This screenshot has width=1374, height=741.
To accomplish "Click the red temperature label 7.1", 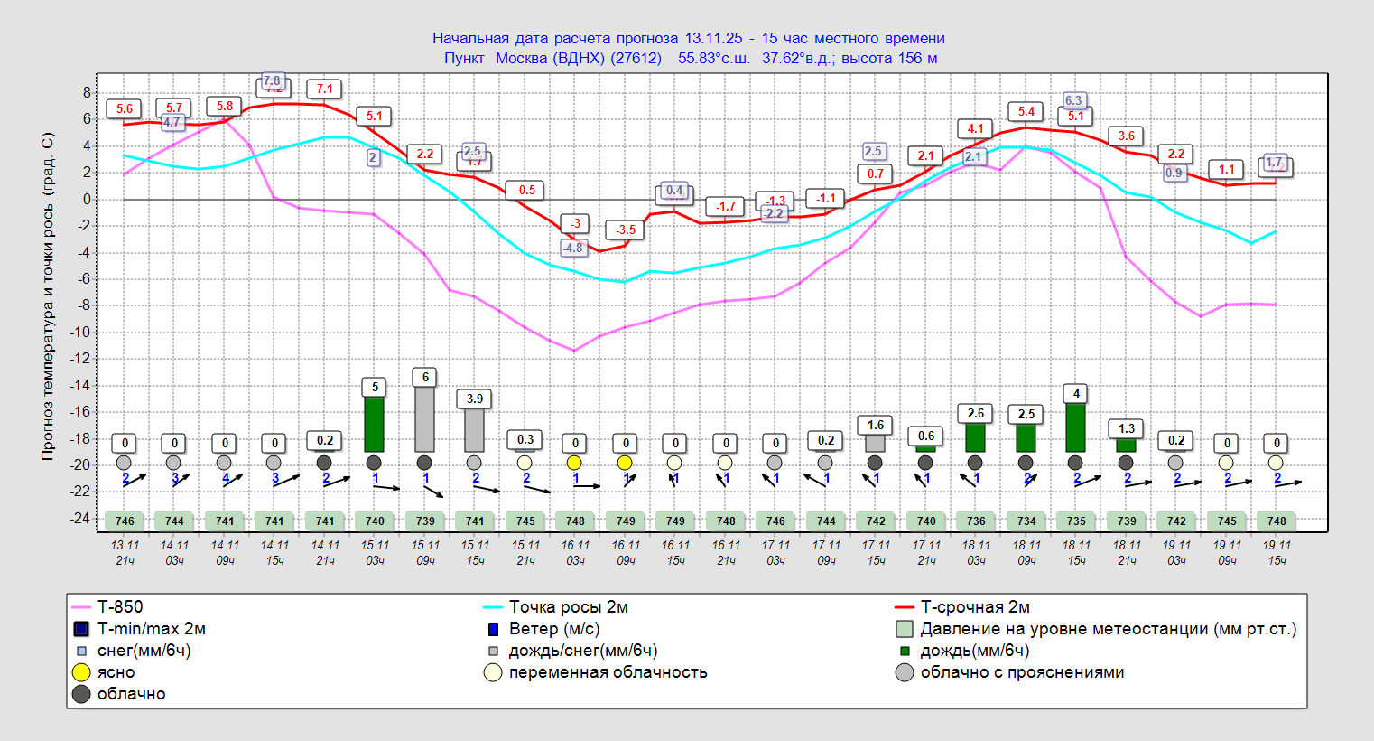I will [325, 89].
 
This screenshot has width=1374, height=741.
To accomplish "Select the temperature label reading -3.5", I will [626, 230].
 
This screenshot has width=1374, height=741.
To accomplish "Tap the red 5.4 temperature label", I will [1026, 111].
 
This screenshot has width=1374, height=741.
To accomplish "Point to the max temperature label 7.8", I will [272, 81].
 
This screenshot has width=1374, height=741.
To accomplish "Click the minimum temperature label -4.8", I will [573, 248].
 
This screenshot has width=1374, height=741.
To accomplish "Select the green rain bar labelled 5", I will [375, 424].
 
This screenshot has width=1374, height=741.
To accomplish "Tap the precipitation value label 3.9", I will [475, 399].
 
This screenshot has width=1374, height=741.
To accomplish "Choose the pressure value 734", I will [1026, 521].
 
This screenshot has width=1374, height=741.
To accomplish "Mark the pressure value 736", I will [976, 521].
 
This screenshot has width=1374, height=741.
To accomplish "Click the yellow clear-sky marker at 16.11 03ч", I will [574, 463].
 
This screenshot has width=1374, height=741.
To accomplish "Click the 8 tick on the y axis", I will [88, 92].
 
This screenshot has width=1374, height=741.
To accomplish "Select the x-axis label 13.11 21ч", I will [125, 552].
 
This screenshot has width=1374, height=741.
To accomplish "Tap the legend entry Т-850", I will [120, 607].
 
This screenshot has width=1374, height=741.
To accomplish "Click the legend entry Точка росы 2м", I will [568, 607].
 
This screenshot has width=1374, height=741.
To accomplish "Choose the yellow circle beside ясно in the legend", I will [81, 672].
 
